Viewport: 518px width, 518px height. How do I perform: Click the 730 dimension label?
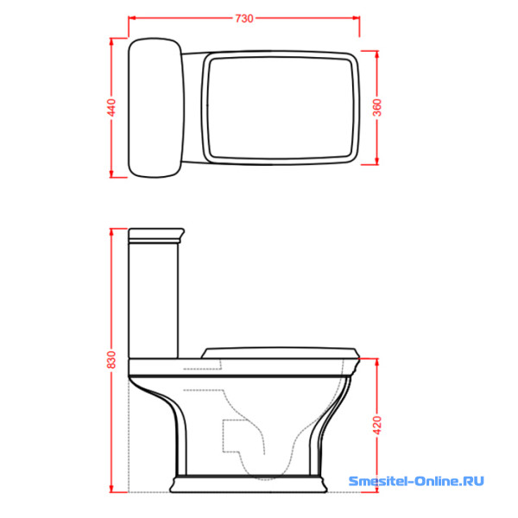click(x=244, y=18)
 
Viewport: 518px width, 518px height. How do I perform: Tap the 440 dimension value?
click(x=112, y=107)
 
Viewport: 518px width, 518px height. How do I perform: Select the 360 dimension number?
click(x=377, y=107)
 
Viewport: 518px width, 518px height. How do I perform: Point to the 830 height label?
click(x=112, y=360)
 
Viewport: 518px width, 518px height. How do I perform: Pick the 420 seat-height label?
click(x=377, y=425)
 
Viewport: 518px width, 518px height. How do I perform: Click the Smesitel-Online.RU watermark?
click(x=416, y=481)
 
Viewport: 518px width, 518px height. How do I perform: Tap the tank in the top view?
click(x=155, y=108)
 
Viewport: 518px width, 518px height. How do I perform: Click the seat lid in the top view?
click(x=281, y=108)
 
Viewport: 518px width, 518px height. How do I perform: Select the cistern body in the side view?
click(x=154, y=300)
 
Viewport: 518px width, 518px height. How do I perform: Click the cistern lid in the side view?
click(x=156, y=235)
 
